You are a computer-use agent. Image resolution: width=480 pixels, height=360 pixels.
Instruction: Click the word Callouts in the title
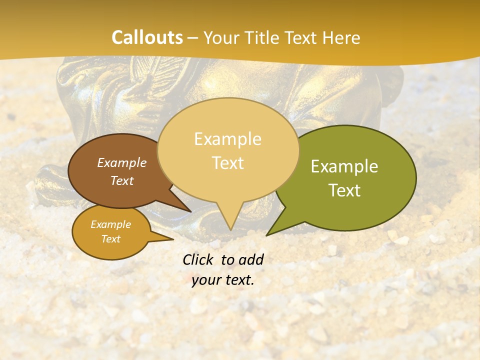(147, 37)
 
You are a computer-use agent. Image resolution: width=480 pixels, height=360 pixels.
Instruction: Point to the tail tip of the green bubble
(267, 234)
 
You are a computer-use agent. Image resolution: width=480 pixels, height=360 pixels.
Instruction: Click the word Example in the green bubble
(344, 166)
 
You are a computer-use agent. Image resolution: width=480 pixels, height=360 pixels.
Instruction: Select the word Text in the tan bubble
(227, 163)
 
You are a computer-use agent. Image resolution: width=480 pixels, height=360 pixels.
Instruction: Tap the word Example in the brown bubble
(121, 162)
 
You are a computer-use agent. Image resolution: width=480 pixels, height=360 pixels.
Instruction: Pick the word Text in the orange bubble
(110, 239)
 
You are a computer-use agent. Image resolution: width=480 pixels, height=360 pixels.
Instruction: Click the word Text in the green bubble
(344, 190)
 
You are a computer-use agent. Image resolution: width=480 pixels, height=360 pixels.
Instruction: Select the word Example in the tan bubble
(227, 139)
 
